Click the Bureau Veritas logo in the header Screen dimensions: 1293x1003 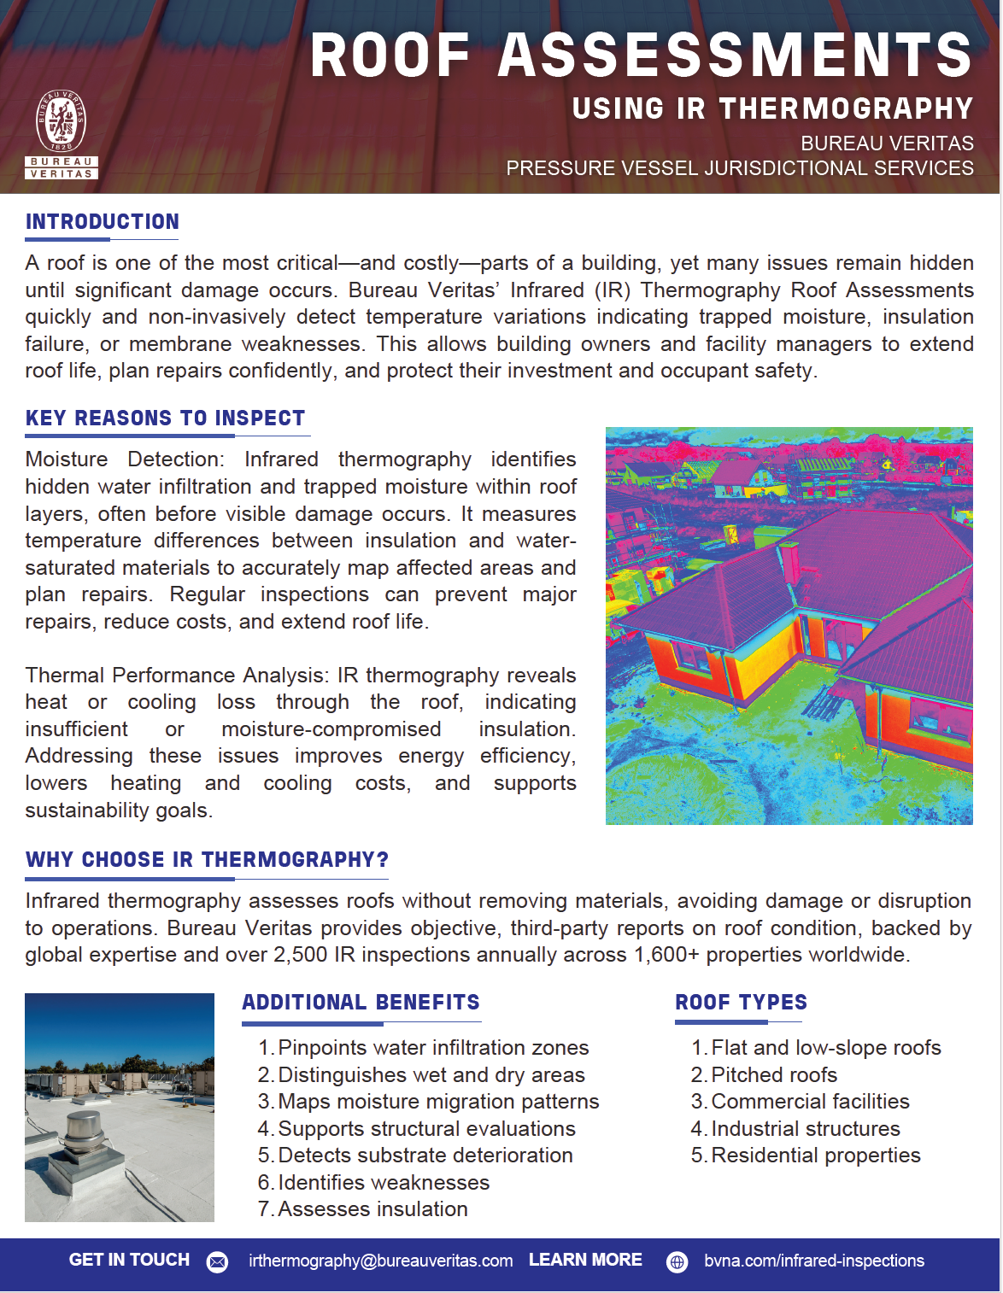click(61, 134)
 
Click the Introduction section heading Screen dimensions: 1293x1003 click(103, 222)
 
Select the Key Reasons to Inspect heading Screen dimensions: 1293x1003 click(165, 418)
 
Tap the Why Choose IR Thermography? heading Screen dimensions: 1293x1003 click(207, 859)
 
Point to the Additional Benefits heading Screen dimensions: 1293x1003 click(361, 1002)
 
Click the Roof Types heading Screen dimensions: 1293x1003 click(741, 1002)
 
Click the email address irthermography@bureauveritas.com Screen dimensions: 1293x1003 click(380, 1261)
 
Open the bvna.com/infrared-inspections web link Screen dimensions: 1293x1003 click(813, 1261)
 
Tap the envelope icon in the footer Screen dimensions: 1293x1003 click(218, 1261)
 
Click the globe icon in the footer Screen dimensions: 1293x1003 click(677, 1261)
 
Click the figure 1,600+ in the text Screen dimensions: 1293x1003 click(666, 954)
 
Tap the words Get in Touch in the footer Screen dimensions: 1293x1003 click(129, 1260)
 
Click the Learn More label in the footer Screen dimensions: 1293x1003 click(585, 1260)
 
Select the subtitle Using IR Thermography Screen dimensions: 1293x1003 click(772, 108)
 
